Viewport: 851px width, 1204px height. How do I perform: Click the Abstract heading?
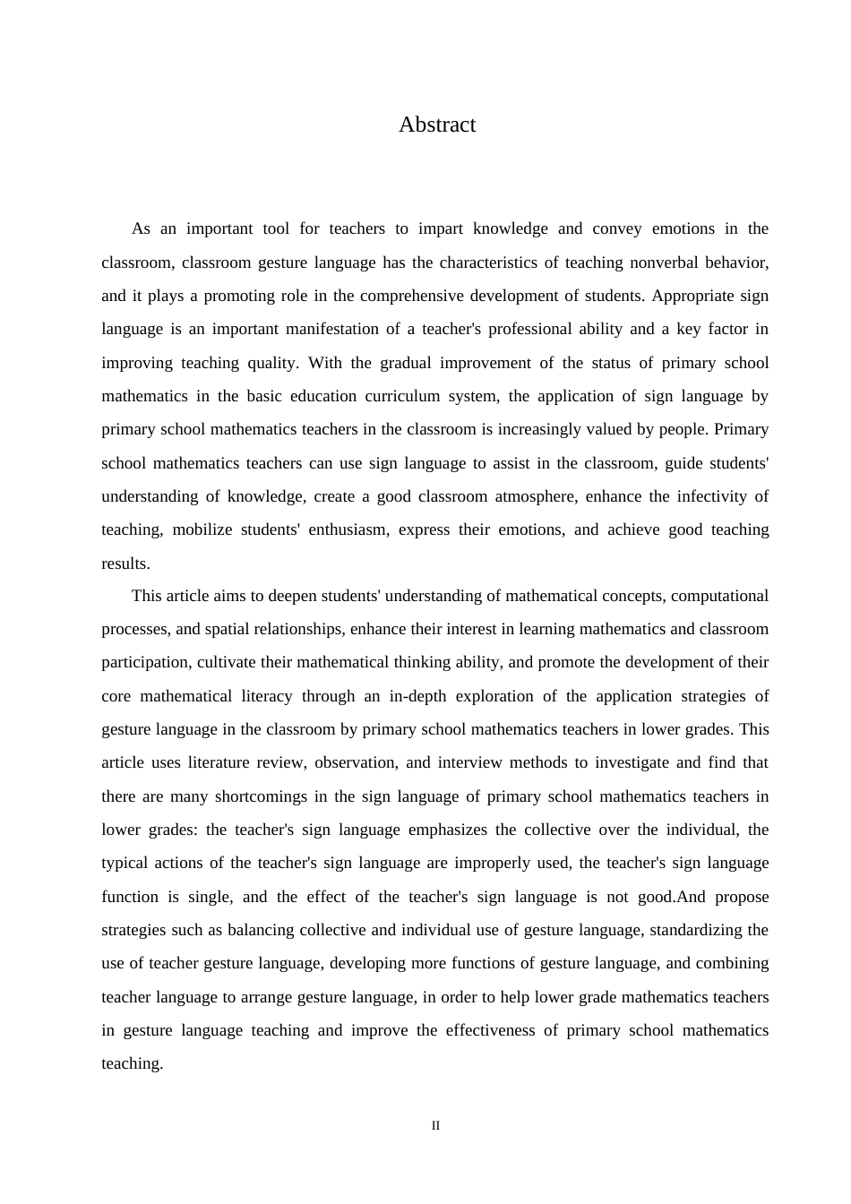[437, 125]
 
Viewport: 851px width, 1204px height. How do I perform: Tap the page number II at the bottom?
[436, 1126]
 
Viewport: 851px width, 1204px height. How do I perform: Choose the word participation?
[144, 662]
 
